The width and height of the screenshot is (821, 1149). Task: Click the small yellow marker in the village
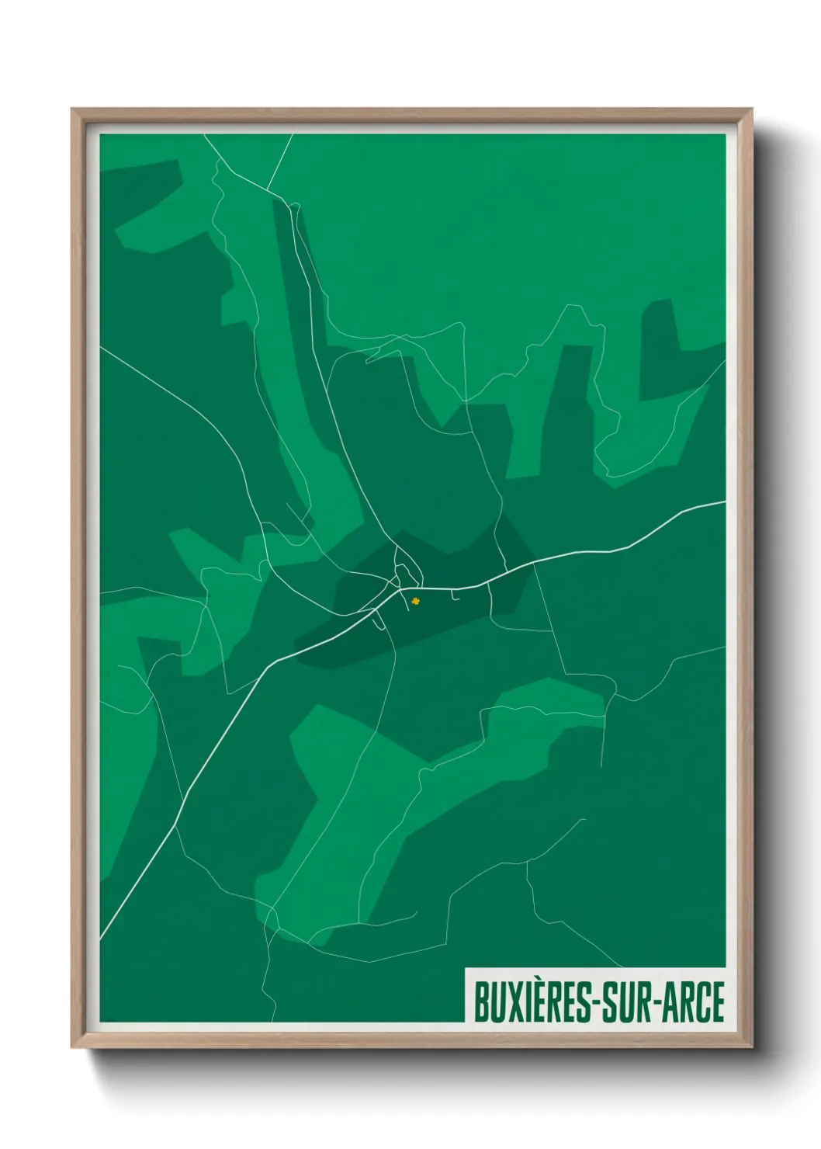415,599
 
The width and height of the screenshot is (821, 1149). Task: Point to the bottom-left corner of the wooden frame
73,1046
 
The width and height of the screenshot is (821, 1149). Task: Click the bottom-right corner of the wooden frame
750,1046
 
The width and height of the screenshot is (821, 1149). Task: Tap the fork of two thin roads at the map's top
267,189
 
